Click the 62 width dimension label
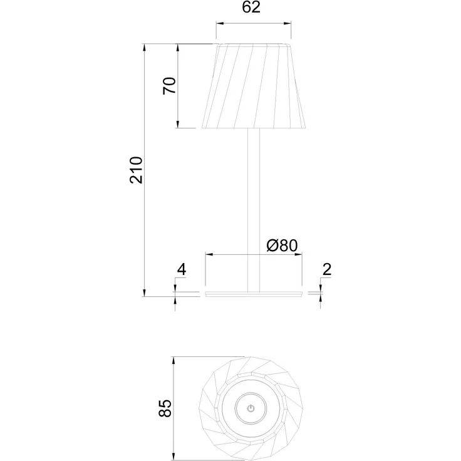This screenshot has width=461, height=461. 251,7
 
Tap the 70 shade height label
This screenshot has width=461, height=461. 169,86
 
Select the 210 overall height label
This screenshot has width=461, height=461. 136,170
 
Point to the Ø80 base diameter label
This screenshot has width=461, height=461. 282,245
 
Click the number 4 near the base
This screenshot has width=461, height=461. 182,269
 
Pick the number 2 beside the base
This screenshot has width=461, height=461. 327,269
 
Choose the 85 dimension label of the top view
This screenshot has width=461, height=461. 165,408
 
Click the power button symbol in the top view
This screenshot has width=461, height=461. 251,408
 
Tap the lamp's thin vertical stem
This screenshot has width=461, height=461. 254,210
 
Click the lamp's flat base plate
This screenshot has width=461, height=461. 254,294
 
